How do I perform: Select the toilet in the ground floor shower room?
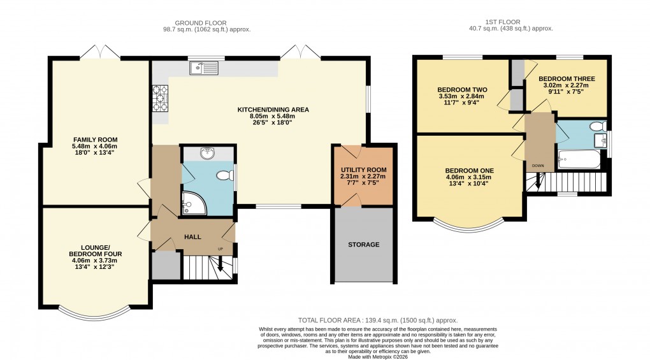[223, 175]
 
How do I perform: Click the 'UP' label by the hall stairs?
[221, 248]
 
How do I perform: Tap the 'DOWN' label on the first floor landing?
[538, 166]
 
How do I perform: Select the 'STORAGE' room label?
[363, 245]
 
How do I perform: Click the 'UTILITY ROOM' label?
[363, 169]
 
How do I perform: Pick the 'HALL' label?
[192, 237]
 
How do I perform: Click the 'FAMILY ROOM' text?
[95, 140]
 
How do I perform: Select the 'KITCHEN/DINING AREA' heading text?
[273, 110]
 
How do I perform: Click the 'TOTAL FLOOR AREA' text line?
[379, 320]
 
